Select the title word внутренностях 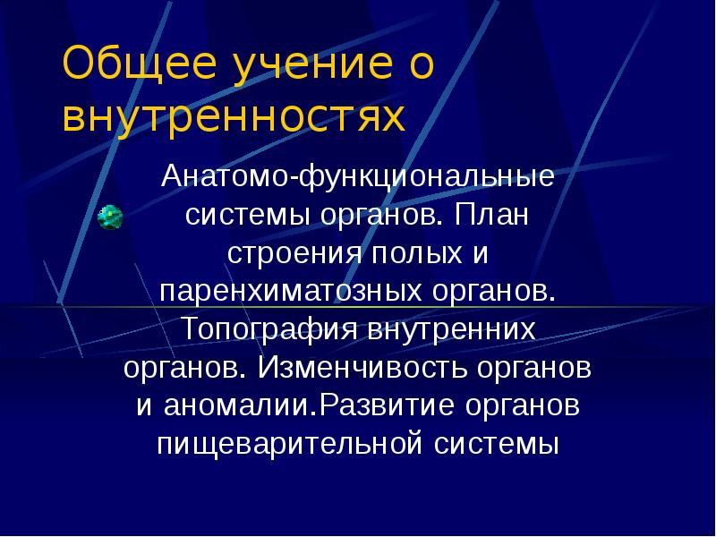click(x=231, y=117)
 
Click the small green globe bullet click(x=109, y=216)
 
